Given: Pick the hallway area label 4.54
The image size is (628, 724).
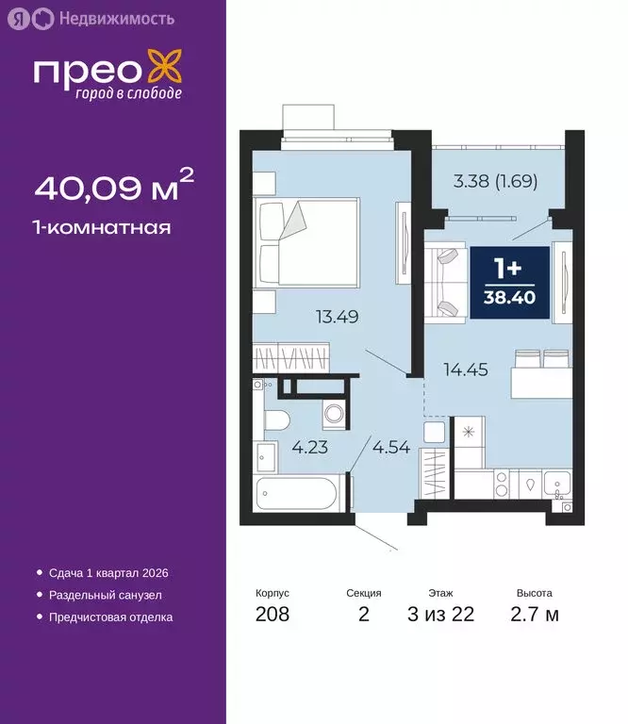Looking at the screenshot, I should (391, 448).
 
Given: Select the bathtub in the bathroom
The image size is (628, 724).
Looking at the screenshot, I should (297, 493).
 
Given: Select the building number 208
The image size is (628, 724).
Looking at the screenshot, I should (273, 616).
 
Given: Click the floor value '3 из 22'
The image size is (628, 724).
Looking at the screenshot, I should (440, 616).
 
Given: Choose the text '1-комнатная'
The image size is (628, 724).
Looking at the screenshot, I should (103, 227).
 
